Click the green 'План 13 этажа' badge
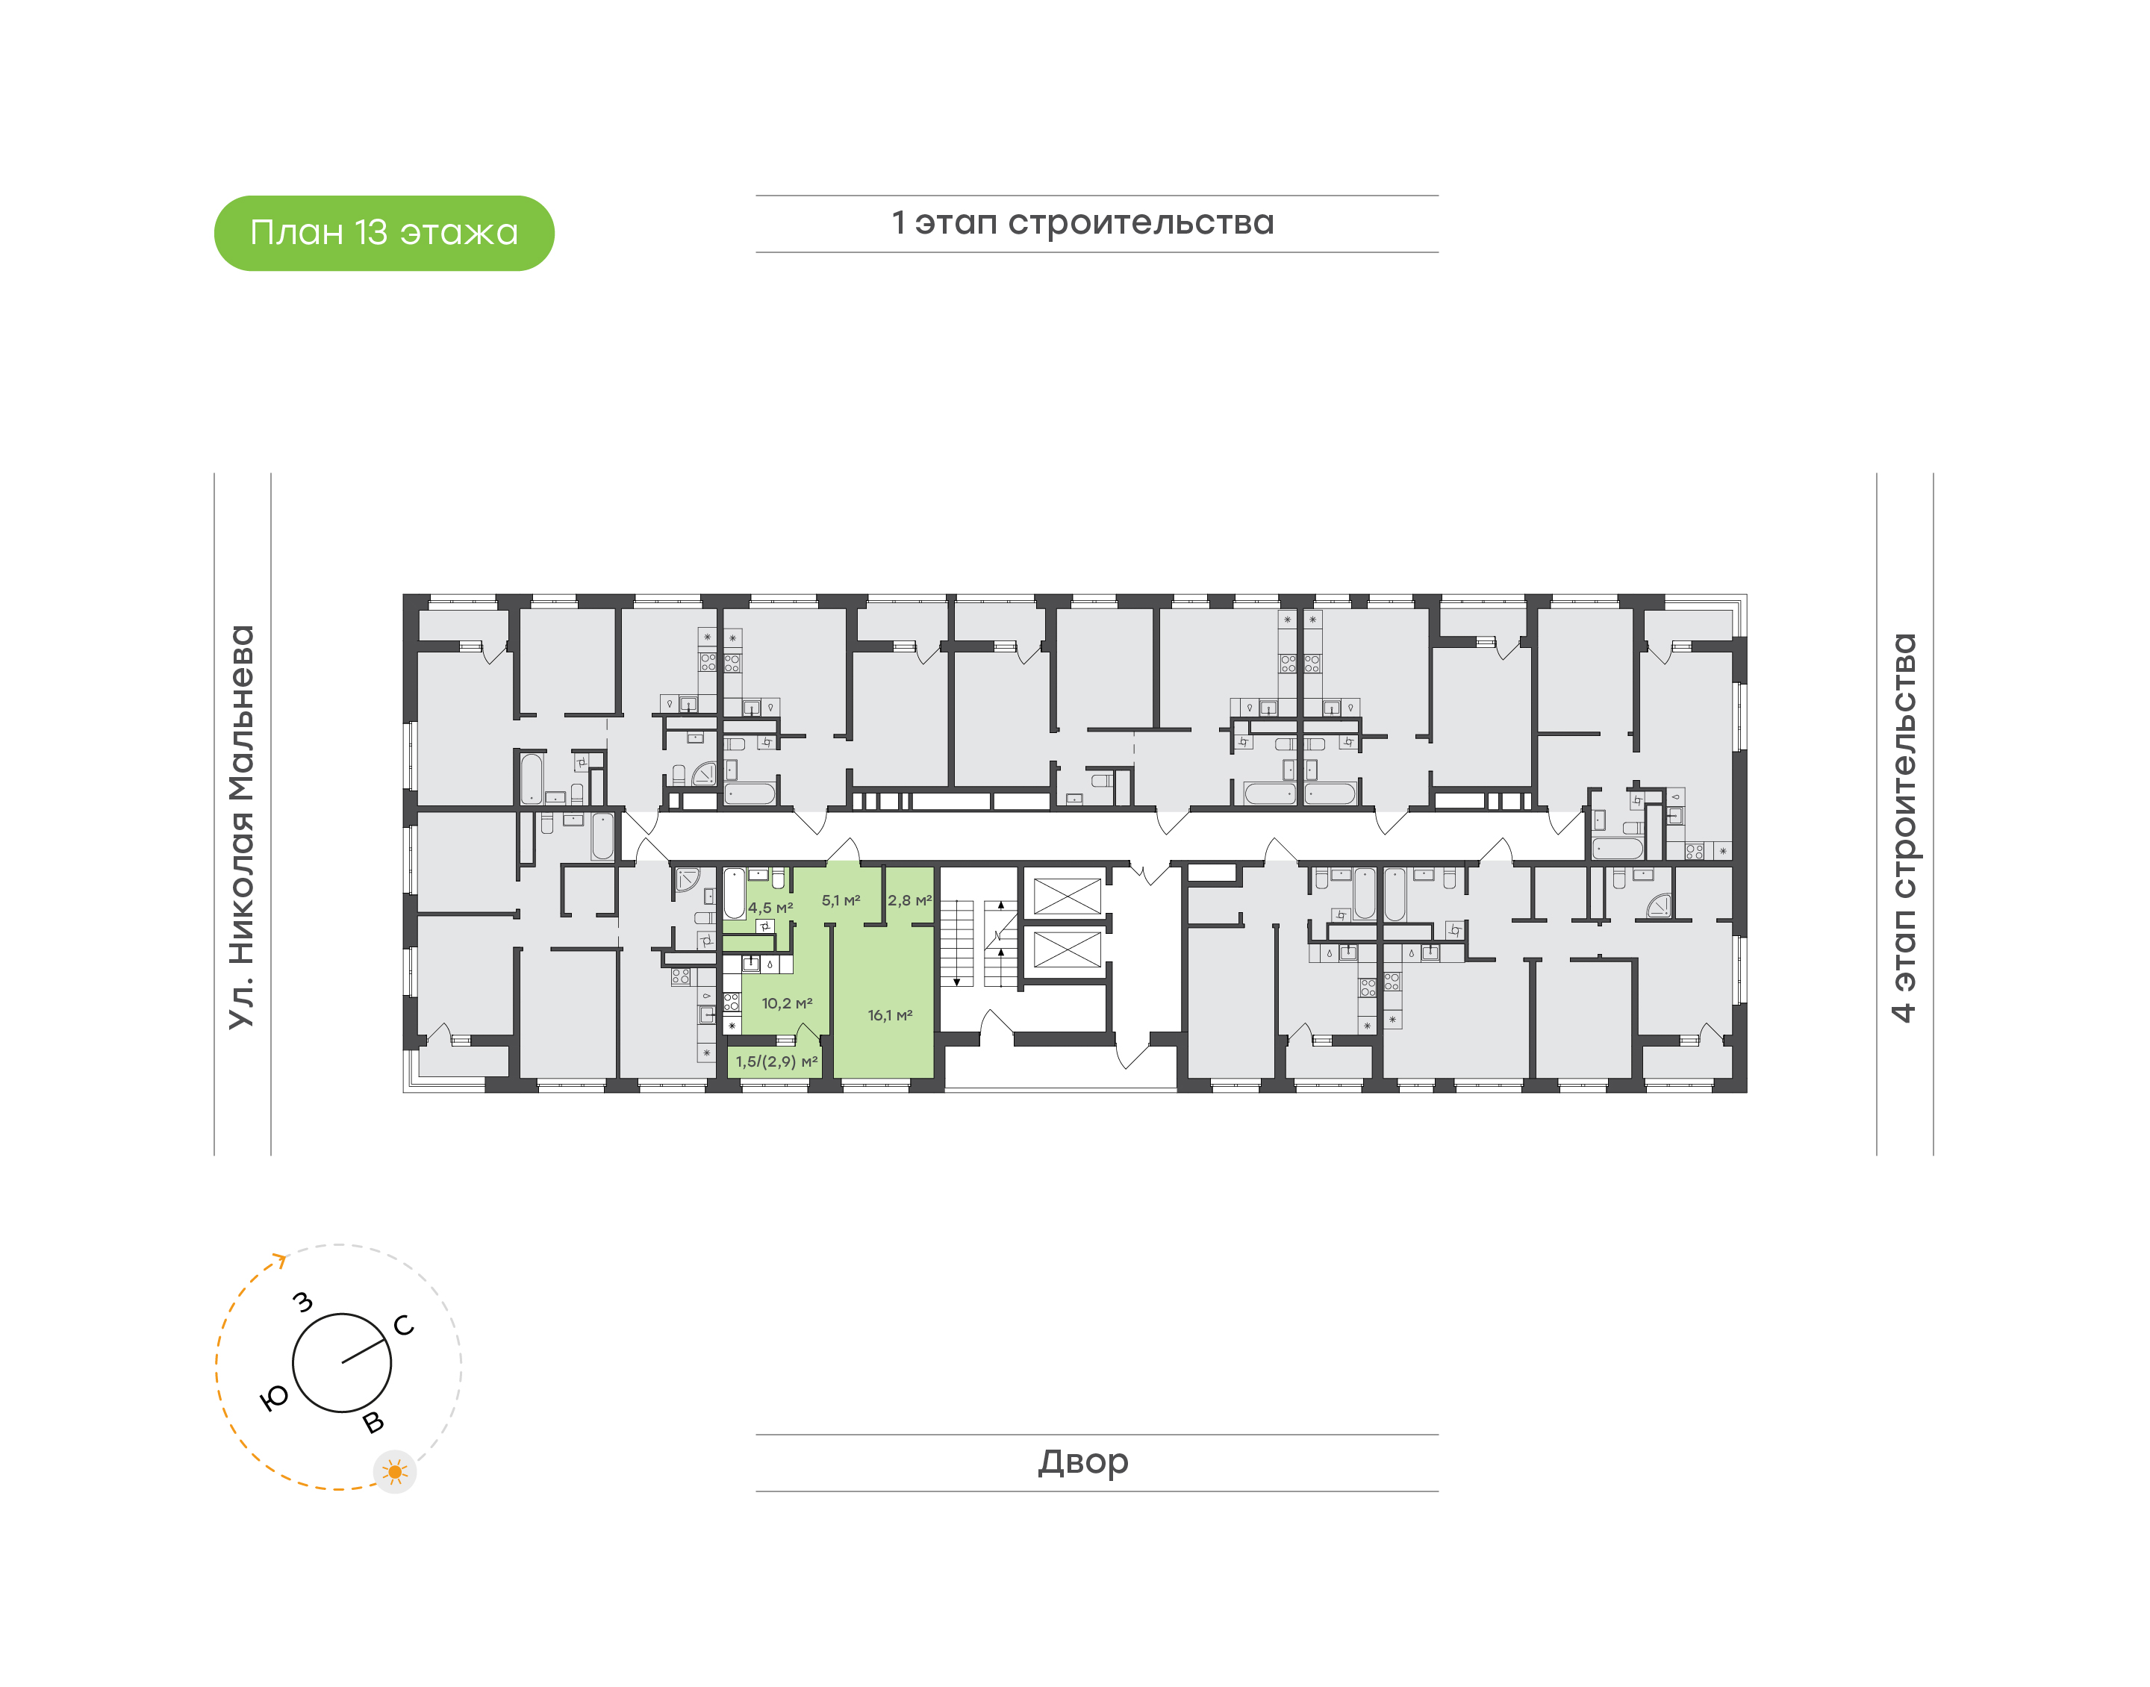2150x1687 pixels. pyautogui.click(x=384, y=233)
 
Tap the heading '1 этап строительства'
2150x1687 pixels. pyautogui.click(x=1082, y=223)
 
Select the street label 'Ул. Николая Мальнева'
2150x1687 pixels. pyautogui.click(x=242, y=828)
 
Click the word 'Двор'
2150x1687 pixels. pyautogui.click(x=1083, y=1462)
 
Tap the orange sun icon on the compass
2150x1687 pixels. pyautogui.click(x=395, y=1473)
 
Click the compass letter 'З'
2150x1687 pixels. pyautogui.click(x=303, y=1302)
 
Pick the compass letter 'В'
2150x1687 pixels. pyautogui.click(x=373, y=1422)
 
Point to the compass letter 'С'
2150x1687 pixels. pyautogui.click(x=404, y=1326)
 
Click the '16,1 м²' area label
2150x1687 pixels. pyautogui.click(x=890, y=1015)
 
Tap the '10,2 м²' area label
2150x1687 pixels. pyautogui.click(x=787, y=1003)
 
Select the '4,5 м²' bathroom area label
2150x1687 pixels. pyautogui.click(x=770, y=908)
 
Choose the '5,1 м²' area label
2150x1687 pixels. pyautogui.click(x=841, y=901)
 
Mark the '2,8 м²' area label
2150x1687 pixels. pyautogui.click(x=909, y=901)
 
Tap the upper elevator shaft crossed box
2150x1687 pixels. pyautogui.click(x=1067, y=896)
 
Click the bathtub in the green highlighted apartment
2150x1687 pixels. pyautogui.click(x=734, y=894)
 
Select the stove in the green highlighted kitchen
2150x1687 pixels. pyautogui.click(x=732, y=1002)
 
